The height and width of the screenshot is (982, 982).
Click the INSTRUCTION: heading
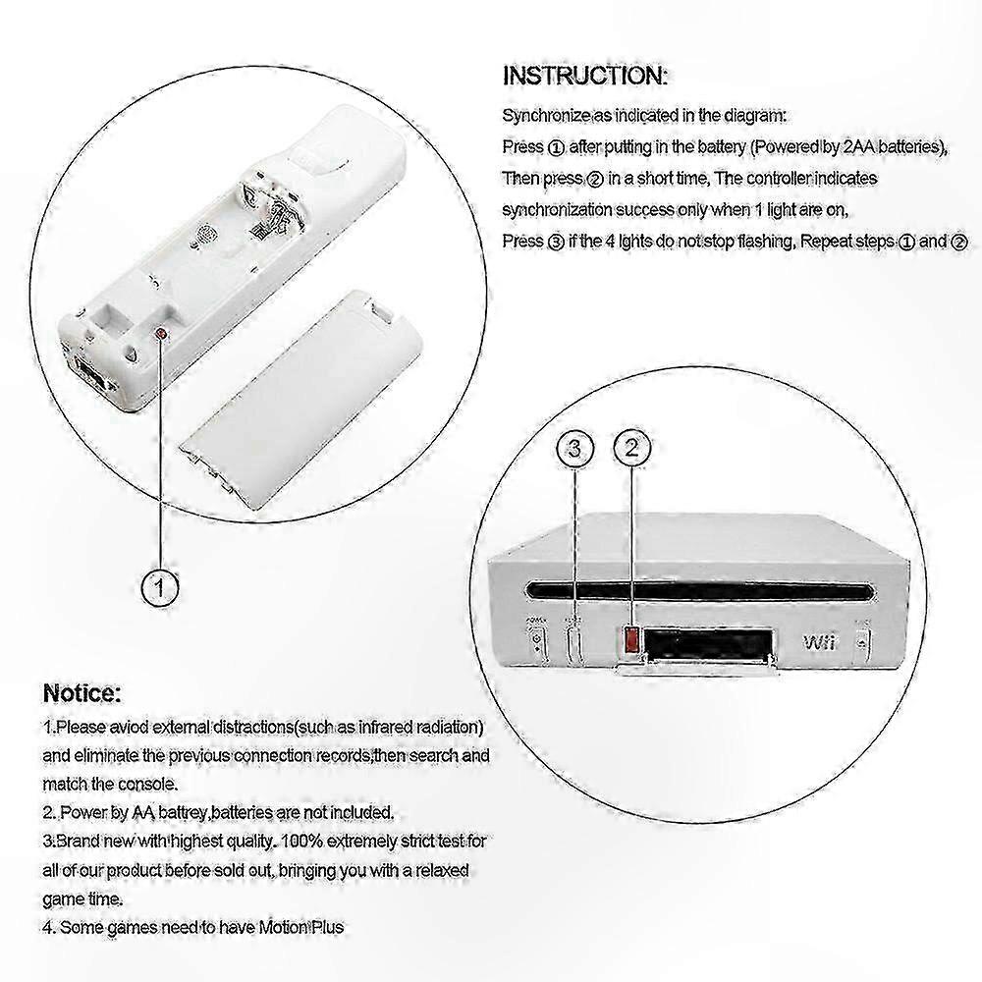(x=585, y=76)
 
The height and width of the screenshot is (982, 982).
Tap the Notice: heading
(x=82, y=693)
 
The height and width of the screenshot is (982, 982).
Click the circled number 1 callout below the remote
(x=160, y=587)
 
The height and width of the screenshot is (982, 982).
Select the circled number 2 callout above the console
(x=631, y=448)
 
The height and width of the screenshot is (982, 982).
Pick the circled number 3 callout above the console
(x=574, y=449)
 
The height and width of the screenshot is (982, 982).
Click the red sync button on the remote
(x=162, y=334)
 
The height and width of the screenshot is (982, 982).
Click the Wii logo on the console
(x=819, y=642)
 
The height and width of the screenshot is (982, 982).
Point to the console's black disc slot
(x=699, y=590)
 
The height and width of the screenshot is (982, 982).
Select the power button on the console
(x=537, y=641)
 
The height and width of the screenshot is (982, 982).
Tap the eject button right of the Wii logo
(x=863, y=642)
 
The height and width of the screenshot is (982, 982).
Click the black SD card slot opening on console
(x=708, y=642)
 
